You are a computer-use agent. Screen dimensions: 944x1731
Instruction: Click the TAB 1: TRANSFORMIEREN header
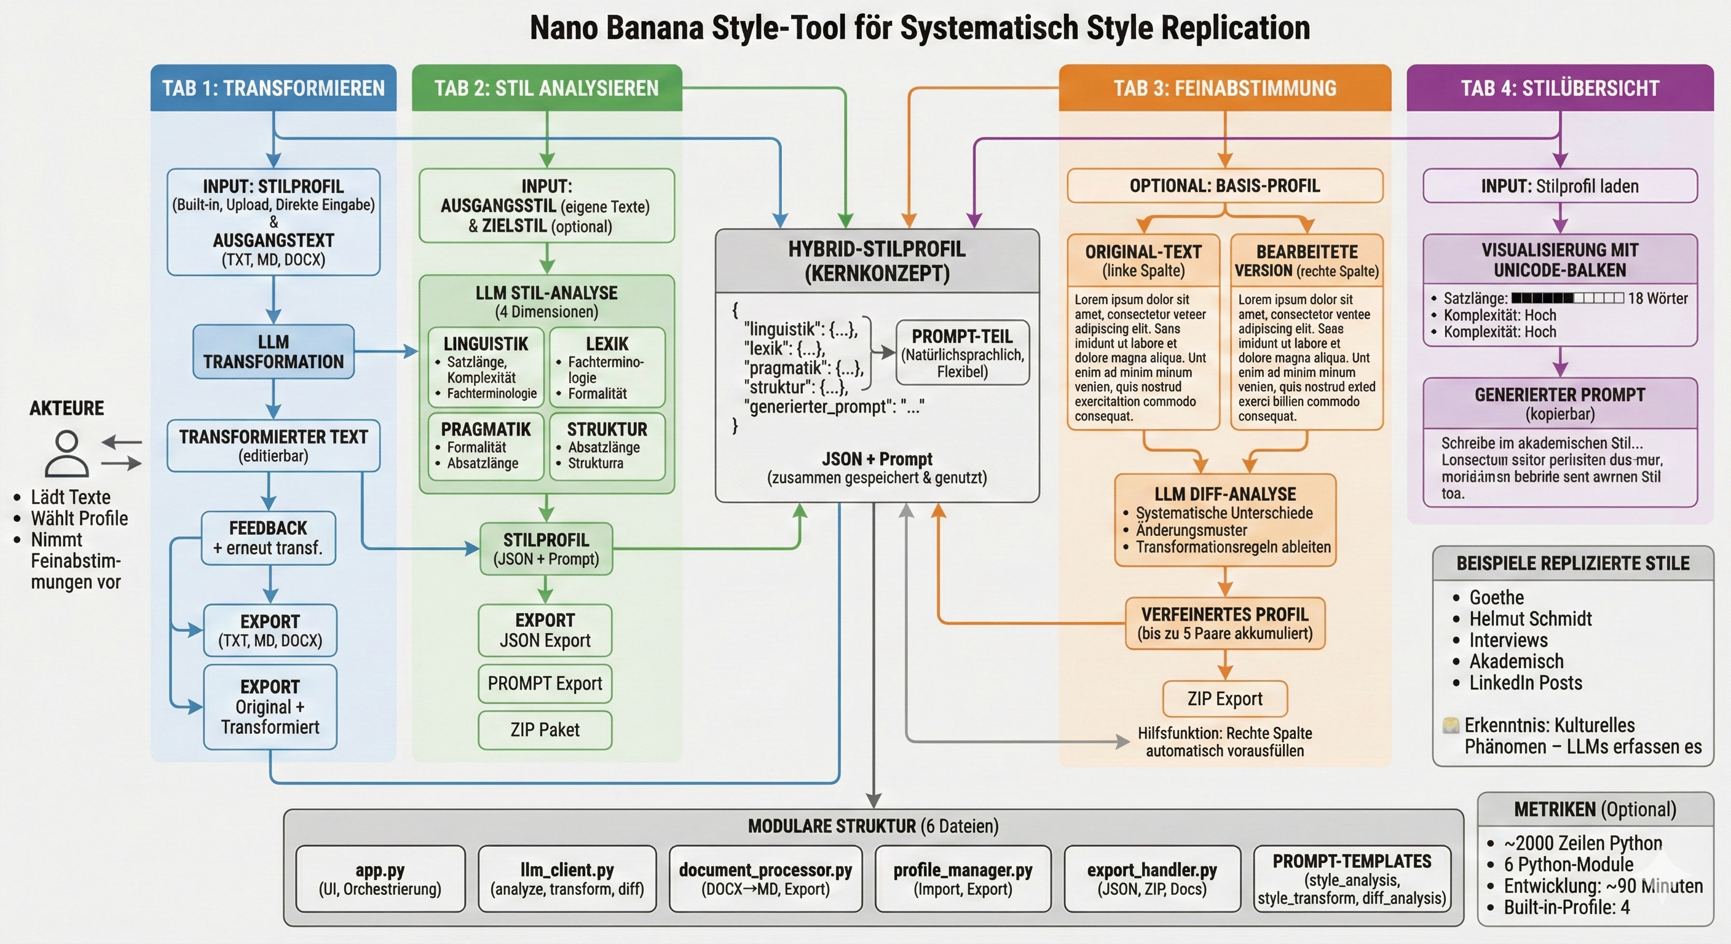click(274, 88)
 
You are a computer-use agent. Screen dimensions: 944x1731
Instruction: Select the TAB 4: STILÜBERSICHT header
click(1559, 88)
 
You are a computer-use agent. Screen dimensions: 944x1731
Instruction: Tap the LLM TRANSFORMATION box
click(274, 352)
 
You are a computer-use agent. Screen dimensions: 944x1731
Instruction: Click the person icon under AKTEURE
click(66, 454)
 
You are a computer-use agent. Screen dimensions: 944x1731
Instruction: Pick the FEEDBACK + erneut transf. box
click(268, 538)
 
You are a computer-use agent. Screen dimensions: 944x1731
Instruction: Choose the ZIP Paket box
click(545, 730)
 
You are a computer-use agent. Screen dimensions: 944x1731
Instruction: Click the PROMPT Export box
click(545, 683)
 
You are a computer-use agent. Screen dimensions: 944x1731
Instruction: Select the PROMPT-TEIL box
click(962, 353)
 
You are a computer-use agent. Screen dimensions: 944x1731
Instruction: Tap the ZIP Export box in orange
click(1224, 699)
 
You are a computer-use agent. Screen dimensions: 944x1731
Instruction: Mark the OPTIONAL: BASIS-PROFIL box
click(1224, 186)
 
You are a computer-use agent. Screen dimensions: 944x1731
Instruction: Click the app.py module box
click(381, 879)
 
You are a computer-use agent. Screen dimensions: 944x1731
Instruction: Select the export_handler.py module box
click(1152, 879)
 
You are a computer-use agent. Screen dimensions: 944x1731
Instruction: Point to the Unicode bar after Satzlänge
click(1567, 298)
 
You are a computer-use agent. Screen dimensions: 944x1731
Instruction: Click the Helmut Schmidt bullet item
click(1530, 619)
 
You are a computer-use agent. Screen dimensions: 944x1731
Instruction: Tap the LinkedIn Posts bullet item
click(1525, 683)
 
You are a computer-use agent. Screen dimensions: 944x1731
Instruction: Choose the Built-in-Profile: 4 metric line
click(1566, 907)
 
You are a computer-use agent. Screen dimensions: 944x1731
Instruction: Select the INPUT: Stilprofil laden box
click(1559, 186)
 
